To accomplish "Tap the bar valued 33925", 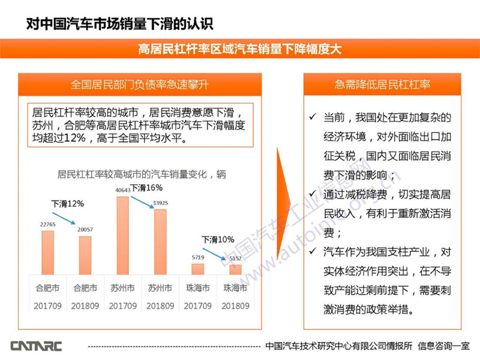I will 160,242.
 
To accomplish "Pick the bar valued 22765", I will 47,253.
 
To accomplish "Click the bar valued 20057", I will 85,256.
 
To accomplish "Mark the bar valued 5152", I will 235,270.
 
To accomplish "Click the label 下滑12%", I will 67,203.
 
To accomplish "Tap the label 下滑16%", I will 148,188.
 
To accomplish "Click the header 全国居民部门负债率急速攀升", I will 139,85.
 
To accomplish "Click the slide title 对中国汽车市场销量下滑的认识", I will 119,25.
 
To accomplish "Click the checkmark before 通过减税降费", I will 312,193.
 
